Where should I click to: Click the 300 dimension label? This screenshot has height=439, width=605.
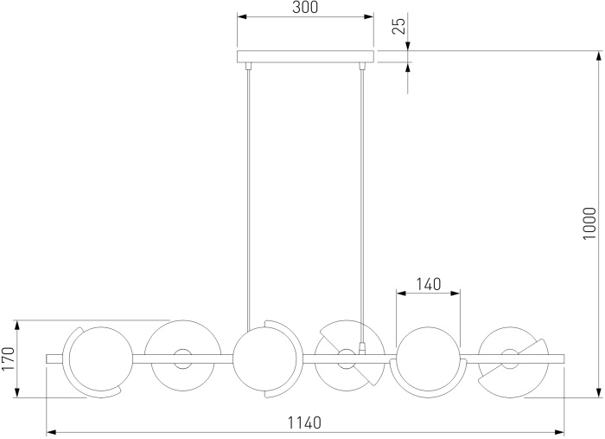(x=305, y=7)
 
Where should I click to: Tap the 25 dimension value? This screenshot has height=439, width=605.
(x=399, y=26)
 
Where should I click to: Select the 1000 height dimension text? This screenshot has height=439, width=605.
(x=589, y=223)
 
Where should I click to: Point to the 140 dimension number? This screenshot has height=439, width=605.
(x=429, y=284)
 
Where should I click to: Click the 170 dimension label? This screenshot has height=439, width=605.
(x=8, y=358)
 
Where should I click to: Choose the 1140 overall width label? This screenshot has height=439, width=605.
(x=304, y=423)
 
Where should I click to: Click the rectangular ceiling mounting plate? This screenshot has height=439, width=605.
(x=305, y=56)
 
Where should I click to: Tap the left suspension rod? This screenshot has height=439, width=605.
(x=249, y=198)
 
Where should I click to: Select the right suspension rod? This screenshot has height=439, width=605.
(x=362, y=206)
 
